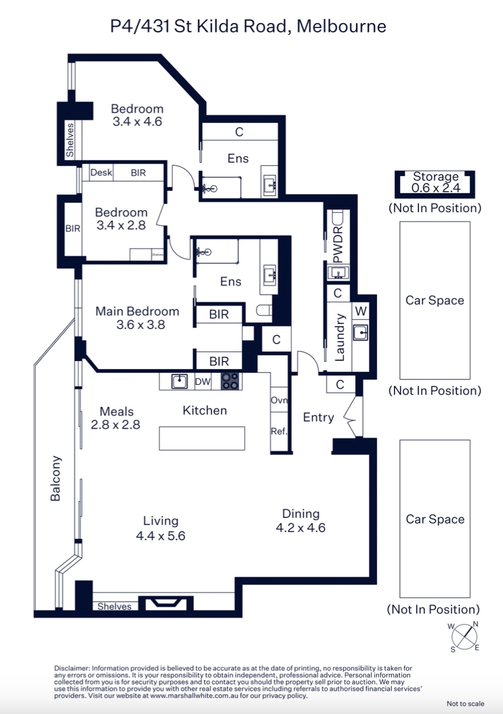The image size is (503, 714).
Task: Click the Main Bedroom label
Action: pos(137,311)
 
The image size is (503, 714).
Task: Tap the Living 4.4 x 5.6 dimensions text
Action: pos(160,536)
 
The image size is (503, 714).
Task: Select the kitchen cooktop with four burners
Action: pos(230,381)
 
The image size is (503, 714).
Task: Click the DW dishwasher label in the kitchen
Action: pos(203,381)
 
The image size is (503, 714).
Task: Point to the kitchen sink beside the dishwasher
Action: pos(179,381)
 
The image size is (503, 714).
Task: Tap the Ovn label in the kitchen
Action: pos(279,400)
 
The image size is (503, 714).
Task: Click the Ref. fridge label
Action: pos(279,431)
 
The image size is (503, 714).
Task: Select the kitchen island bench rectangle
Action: pos(202,438)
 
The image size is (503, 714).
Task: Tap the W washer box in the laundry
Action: pos(361,311)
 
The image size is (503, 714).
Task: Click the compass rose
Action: pos(464,637)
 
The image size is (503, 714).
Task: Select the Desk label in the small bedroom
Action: pos(102,172)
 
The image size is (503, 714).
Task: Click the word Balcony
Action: pos(55,478)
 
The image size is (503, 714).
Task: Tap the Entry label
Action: pos(318,417)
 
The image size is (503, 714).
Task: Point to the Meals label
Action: pos(117,411)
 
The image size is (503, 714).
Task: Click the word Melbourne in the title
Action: pos(341,26)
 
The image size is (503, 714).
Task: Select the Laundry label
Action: pos(340,337)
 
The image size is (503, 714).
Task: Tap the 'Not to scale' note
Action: pos(465,704)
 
